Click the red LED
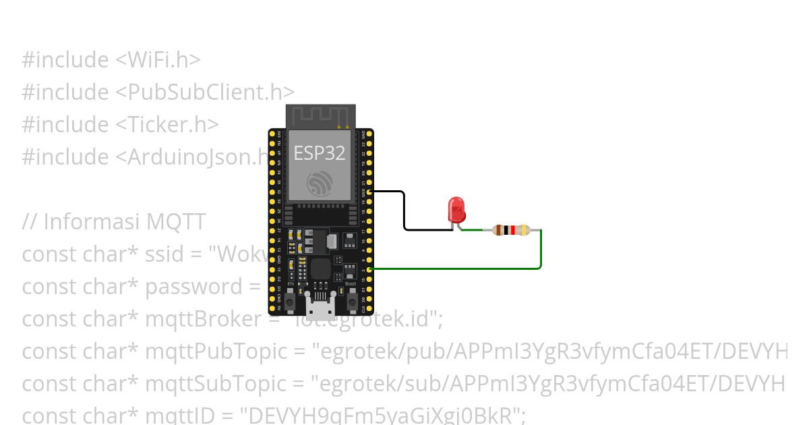tap(456, 209)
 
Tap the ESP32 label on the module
tap(320, 153)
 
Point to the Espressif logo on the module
tap(319, 183)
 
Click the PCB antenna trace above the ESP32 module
tap(320, 116)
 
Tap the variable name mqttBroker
tap(202, 318)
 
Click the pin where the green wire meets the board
tap(369, 269)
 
